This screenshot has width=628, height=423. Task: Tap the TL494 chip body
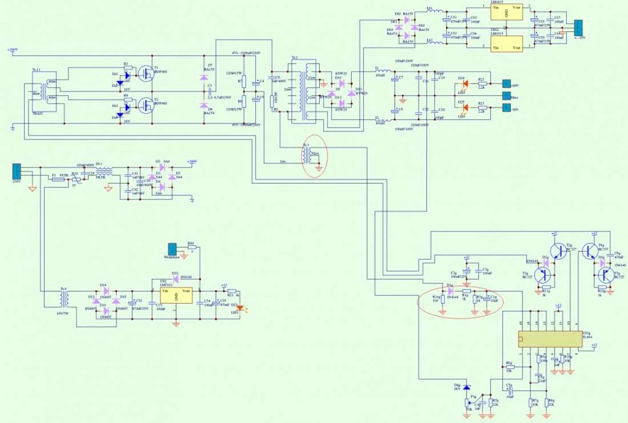coord(548,338)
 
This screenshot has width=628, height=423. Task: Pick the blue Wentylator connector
coord(171,250)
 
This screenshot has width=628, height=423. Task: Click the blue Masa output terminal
coord(505,95)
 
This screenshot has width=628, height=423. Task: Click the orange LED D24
coord(464,83)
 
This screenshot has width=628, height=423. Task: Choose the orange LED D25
coord(464,107)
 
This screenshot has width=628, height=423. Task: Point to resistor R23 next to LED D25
coord(481,107)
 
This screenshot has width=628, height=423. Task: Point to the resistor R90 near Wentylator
coord(191,247)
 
